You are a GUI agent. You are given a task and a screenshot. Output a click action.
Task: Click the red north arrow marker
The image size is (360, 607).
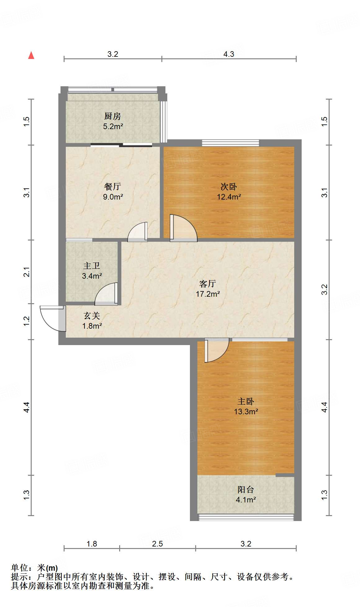(31, 55)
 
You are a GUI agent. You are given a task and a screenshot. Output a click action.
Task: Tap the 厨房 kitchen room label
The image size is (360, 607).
(112, 116)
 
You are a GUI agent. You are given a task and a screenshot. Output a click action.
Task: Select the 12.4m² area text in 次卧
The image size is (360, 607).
(229, 197)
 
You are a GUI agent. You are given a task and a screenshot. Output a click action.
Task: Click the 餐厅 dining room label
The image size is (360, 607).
(112, 187)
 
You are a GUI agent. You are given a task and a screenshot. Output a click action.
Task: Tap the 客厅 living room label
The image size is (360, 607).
(208, 284)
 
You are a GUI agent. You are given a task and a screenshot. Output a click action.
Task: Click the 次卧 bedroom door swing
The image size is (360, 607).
(183, 228)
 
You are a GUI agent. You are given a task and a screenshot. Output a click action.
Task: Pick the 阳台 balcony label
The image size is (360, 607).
(246, 490)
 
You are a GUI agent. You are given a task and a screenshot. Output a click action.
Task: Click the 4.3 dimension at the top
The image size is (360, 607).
(229, 54)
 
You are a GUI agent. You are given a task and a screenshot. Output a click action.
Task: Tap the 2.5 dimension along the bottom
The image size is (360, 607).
(157, 544)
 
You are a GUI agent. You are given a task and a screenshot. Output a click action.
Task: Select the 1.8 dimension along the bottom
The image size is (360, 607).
(92, 544)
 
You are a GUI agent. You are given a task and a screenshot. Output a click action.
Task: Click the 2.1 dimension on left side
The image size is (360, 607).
(27, 272)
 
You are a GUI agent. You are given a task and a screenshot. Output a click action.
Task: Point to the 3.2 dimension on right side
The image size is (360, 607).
(324, 290)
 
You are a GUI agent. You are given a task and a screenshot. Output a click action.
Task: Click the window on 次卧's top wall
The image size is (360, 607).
(230, 143)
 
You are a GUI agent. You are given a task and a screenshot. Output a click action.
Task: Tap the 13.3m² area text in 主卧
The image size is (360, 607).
(246, 411)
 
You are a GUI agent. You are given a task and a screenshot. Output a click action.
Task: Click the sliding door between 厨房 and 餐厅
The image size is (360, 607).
(121, 145)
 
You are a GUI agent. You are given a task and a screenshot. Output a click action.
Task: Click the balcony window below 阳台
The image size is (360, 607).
(246, 517)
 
